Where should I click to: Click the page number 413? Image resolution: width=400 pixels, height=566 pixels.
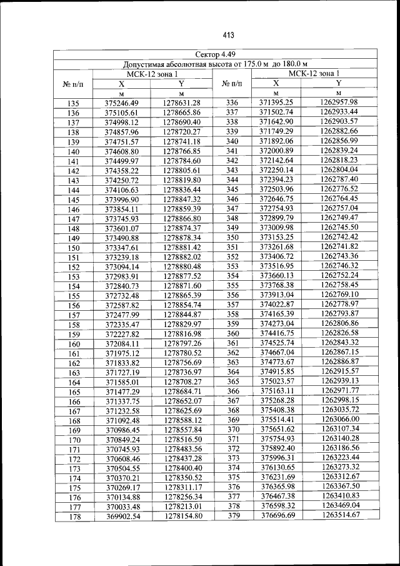coord(210,34)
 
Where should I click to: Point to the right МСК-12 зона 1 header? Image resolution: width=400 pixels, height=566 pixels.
coord(318,73)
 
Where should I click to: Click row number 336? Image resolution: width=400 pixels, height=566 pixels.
coord(232,103)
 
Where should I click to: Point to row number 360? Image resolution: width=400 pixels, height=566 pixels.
coord(232,333)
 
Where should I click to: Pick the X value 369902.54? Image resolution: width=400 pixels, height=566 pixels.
coord(122,517)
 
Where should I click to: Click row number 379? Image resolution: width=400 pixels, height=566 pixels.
coord(233,515)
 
